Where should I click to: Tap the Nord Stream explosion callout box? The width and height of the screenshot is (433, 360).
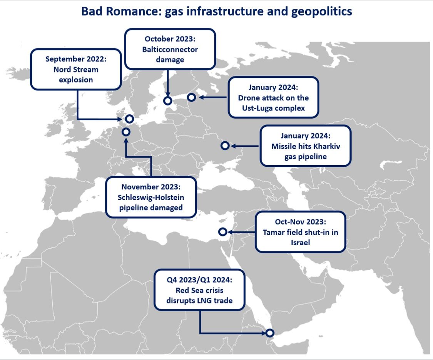pos(75,69)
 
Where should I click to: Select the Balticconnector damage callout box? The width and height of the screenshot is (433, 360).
pos(170,49)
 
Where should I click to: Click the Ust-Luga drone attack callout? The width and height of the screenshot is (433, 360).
pos(273,97)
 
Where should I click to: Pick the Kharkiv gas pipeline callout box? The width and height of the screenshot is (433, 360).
pos(306,146)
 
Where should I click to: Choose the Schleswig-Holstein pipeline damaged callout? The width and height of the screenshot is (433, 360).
pos(151,197)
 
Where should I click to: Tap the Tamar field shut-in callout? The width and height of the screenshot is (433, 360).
pos(300,232)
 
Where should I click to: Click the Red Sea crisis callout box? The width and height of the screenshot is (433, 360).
pos(199,290)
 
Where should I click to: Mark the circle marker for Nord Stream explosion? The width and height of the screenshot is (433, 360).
pos(130,119)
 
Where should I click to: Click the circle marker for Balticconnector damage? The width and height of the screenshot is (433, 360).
pos(167,100)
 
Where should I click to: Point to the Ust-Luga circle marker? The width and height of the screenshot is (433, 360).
pos(191,97)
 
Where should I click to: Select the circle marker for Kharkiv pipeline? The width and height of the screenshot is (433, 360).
pos(225,146)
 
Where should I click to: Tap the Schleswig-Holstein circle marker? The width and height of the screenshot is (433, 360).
pos(126,132)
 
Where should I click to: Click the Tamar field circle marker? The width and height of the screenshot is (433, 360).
pos(222,232)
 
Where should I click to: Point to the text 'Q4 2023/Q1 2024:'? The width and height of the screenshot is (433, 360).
pos(199,280)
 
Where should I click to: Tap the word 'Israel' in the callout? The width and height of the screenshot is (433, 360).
pos(300,243)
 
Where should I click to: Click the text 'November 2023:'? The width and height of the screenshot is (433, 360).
pos(150,187)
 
